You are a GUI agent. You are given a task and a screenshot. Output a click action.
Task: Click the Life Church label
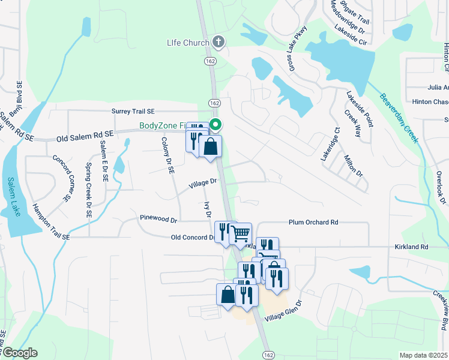coord(188,43)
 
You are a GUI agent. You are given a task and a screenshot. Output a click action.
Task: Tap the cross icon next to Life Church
coord(219,42)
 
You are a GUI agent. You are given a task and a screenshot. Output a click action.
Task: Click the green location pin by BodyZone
coord(215,125)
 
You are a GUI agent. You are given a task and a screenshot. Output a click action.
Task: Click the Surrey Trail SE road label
coord(133,112)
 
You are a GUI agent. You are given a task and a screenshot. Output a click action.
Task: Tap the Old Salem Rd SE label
coord(85,138)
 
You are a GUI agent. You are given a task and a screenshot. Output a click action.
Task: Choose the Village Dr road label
coord(203,183)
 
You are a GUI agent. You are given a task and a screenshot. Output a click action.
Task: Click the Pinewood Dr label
coord(158,219)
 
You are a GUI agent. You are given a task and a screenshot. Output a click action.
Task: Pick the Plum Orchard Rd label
coord(313,222)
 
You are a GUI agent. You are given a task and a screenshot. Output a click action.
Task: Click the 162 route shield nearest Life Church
coord(209,61)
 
